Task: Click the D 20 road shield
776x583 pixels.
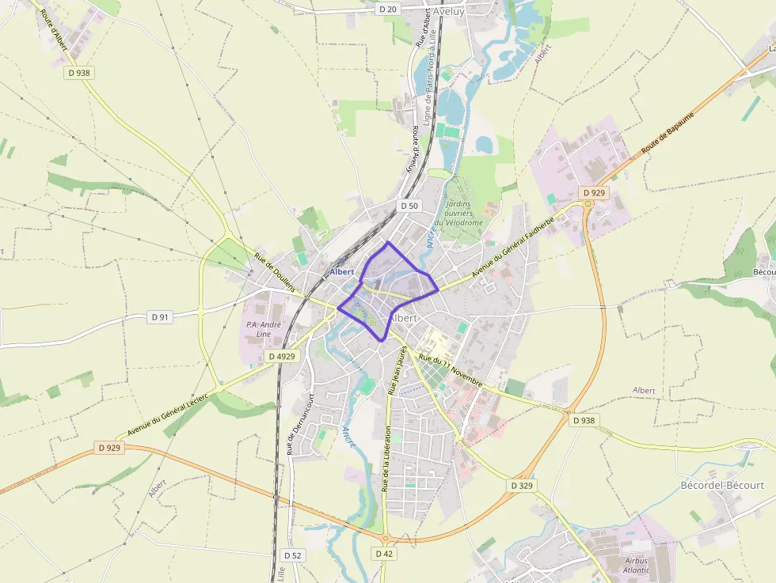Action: coord(388,9)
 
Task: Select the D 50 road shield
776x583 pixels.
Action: coord(409,206)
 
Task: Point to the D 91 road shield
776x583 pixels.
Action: coord(160,317)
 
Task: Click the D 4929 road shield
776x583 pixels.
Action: coord(281,357)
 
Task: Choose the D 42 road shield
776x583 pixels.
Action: coord(384,554)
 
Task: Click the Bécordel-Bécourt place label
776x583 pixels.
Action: coord(722,485)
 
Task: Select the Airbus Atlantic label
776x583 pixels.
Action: coord(635,566)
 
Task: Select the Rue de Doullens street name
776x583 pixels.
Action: coord(275,273)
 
